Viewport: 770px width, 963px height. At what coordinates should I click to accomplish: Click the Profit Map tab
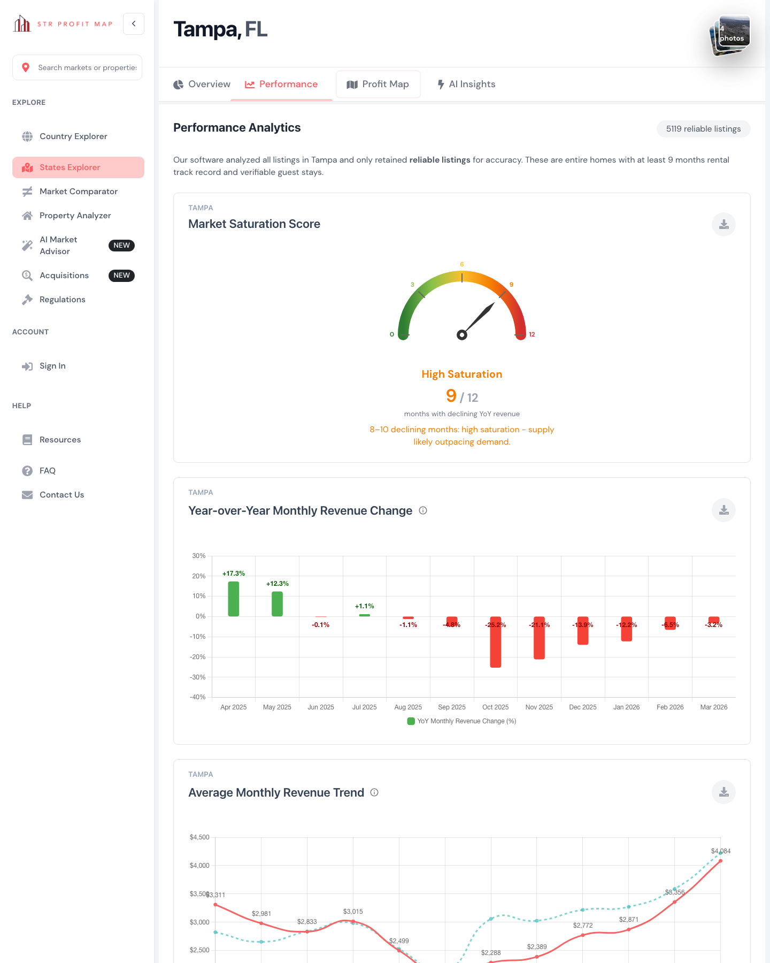[378, 84]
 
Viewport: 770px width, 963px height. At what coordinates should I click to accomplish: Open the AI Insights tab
[466, 84]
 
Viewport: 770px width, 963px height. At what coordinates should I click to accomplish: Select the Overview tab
[202, 84]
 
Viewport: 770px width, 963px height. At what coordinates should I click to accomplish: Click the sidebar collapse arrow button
[134, 24]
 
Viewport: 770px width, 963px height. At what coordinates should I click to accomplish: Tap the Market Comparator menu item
[78, 192]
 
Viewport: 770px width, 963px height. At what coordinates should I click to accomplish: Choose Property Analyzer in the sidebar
[75, 216]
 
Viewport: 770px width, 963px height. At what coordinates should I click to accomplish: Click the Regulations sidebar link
[62, 300]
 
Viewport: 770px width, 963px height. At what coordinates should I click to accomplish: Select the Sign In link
[52, 366]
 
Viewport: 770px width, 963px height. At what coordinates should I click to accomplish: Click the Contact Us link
[61, 495]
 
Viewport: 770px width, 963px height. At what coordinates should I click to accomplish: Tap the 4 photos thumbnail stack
[730, 35]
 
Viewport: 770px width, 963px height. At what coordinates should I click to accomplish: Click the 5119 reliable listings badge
[703, 129]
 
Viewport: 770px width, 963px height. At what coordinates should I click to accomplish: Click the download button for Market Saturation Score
[723, 224]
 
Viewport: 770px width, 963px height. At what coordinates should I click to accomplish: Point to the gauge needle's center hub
[462, 335]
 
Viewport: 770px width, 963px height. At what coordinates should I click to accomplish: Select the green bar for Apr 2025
[234, 599]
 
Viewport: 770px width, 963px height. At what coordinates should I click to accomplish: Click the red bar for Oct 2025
[496, 642]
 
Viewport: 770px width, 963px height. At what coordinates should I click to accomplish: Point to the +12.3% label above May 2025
[278, 584]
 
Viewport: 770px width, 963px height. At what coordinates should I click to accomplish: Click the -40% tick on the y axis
[198, 697]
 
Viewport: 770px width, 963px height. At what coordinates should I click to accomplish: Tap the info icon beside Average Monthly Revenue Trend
[374, 792]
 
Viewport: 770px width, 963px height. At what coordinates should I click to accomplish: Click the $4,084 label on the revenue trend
[720, 851]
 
